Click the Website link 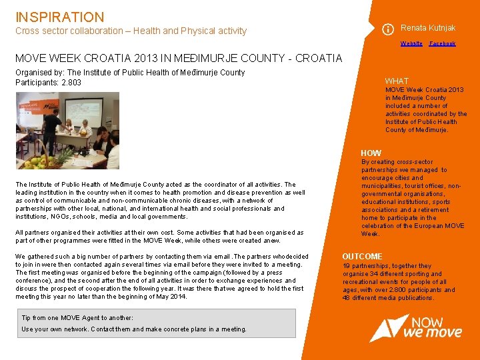pos(411,43)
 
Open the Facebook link pos(442,43)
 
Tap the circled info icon pos(387,29)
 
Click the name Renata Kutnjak pos(428,28)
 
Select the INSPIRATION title pos(60,17)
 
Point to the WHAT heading pos(397,81)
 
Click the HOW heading pos(371,153)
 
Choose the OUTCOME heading pos(362,257)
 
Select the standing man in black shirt pos(50,129)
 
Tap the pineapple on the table pos(66,157)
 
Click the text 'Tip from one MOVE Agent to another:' pos(77,318)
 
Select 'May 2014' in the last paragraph pos(169,296)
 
